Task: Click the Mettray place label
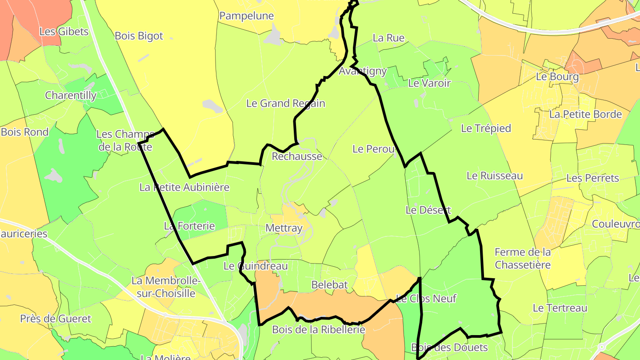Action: click(x=284, y=228)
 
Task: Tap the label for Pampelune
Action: click(x=247, y=16)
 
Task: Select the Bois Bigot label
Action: click(x=139, y=36)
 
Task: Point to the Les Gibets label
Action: click(x=64, y=32)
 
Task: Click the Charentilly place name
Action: click(x=71, y=95)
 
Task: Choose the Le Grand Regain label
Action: click(x=286, y=104)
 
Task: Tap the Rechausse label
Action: click(x=297, y=156)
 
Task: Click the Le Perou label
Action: click(x=374, y=149)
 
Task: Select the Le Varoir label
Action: click(x=429, y=83)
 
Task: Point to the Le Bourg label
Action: click(x=557, y=76)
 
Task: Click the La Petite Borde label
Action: click(x=585, y=114)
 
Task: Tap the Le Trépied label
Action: click(x=486, y=128)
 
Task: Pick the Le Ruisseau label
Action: click(x=495, y=176)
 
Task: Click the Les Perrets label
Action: click(x=592, y=178)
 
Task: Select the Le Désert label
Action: click(x=428, y=210)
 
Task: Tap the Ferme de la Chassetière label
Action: click(x=523, y=259)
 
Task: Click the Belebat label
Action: click(x=329, y=284)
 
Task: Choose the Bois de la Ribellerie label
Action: click(x=319, y=330)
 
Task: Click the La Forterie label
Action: click(x=189, y=226)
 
